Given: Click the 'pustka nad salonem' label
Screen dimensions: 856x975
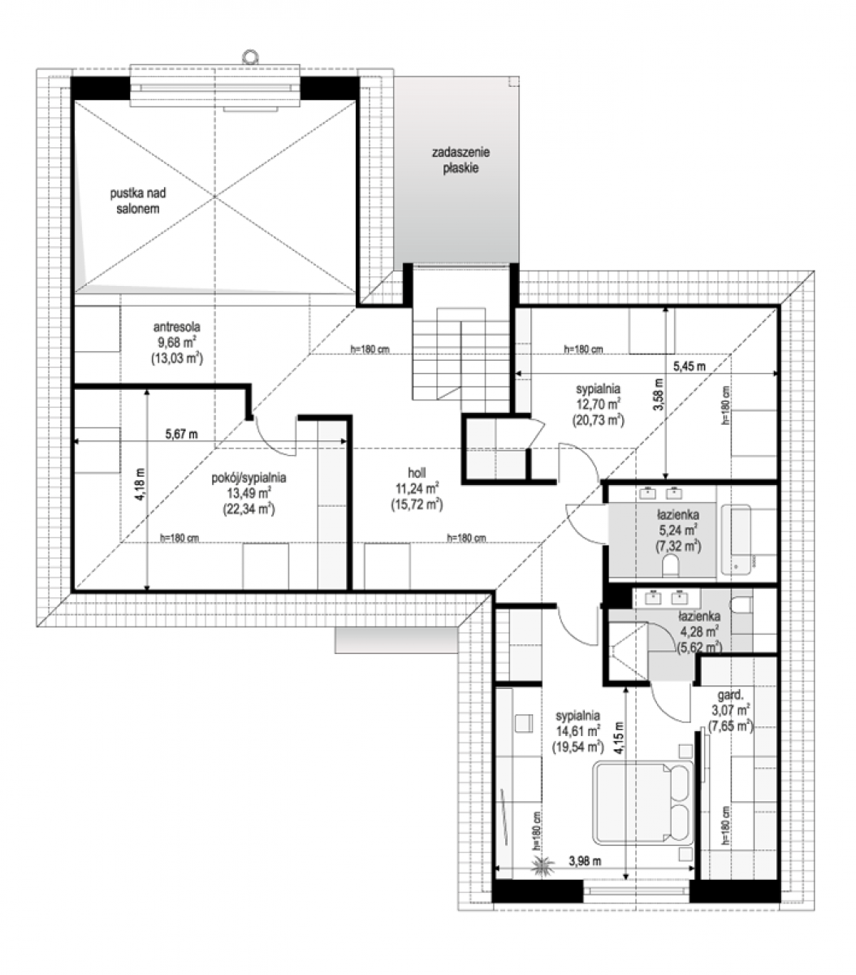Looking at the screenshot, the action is pos(138,201).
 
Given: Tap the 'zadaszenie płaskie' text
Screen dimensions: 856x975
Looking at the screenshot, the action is pos(460,160).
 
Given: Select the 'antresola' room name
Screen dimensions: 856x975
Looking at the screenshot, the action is pos(176,327).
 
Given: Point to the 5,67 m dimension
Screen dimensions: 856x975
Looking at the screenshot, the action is pos(181,434).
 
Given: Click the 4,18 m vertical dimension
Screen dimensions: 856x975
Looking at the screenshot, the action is pos(140,484).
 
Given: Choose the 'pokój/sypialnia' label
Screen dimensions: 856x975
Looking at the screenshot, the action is pos(249,478).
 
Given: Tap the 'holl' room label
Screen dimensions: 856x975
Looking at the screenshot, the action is pos(417,473).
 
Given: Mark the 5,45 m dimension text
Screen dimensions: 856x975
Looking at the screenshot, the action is pos(689,366).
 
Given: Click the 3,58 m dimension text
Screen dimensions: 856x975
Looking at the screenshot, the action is pos(658,394).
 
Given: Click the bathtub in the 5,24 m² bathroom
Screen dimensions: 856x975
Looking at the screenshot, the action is pos(736,539).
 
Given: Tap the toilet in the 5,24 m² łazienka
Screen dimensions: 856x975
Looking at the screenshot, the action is pos(670,566).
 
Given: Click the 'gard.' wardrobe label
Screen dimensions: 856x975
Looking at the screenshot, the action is pos(730,695).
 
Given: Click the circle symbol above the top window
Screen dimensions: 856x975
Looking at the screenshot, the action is pos(250,56).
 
